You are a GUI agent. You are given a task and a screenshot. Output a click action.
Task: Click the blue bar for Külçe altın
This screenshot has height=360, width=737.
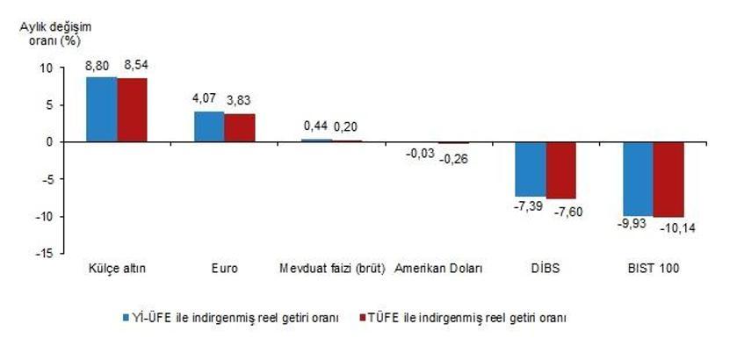101,109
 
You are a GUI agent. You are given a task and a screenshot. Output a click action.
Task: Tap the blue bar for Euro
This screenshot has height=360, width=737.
209,126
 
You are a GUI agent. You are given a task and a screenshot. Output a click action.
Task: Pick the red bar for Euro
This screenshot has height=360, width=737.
239,127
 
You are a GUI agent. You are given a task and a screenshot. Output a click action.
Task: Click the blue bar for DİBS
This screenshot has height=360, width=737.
531,169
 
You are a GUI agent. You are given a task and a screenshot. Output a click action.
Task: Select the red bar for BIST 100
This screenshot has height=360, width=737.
668,179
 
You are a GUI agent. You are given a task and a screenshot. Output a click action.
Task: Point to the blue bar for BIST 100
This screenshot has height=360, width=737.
639,178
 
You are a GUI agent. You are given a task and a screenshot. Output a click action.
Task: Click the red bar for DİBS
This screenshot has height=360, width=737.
560,169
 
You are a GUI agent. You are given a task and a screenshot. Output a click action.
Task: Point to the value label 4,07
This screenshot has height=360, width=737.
206,99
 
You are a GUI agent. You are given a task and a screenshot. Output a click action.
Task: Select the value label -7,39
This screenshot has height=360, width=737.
527,208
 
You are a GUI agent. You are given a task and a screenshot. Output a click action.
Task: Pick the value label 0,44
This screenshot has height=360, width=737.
314,126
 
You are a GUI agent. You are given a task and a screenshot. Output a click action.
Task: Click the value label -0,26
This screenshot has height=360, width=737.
453,159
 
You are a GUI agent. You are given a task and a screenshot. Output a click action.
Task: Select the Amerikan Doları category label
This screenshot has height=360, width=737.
438,268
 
